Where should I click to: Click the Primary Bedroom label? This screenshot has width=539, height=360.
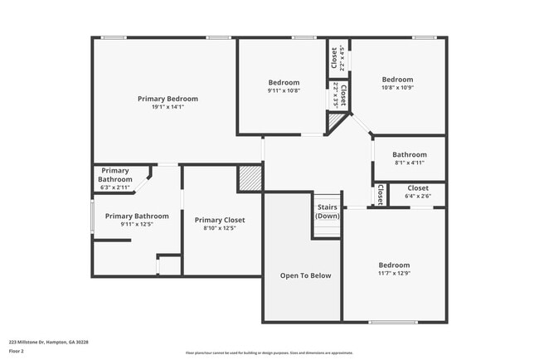pyautogui.click(x=168, y=99)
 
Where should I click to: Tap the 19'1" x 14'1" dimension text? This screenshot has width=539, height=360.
pyautogui.click(x=168, y=107)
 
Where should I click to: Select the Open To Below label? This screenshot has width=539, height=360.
pyautogui.click(x=301, y=275)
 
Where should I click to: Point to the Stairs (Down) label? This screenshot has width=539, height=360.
pyautogui.click(x=328, y=212)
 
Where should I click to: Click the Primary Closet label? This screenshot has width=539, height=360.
pyautogui.click(x=220, y=220)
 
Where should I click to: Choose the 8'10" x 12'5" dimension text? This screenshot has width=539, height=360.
pyautogui.click(x=220, y=228)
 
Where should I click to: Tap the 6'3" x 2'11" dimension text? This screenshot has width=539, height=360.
pyautogui.click(x=115, y=187)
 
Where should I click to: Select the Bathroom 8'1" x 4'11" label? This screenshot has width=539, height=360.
pyautogui.click(x=409, y=154)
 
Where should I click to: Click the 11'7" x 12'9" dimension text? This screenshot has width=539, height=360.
pyautogui.click(x=395, y=273)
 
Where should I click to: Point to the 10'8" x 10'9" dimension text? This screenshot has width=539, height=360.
pyautogui.click(x=397, y=88)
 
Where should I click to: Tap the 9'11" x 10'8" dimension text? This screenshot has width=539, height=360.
pyautogui.click(x=284, y=90)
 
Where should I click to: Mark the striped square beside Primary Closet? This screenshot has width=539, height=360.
pyautogui.click(x=250, y=178)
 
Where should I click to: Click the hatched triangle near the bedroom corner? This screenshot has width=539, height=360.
pyautogui.click(x=334, y=123)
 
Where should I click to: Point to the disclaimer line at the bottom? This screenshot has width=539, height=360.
pyautogui.click(x=269, y=353)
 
